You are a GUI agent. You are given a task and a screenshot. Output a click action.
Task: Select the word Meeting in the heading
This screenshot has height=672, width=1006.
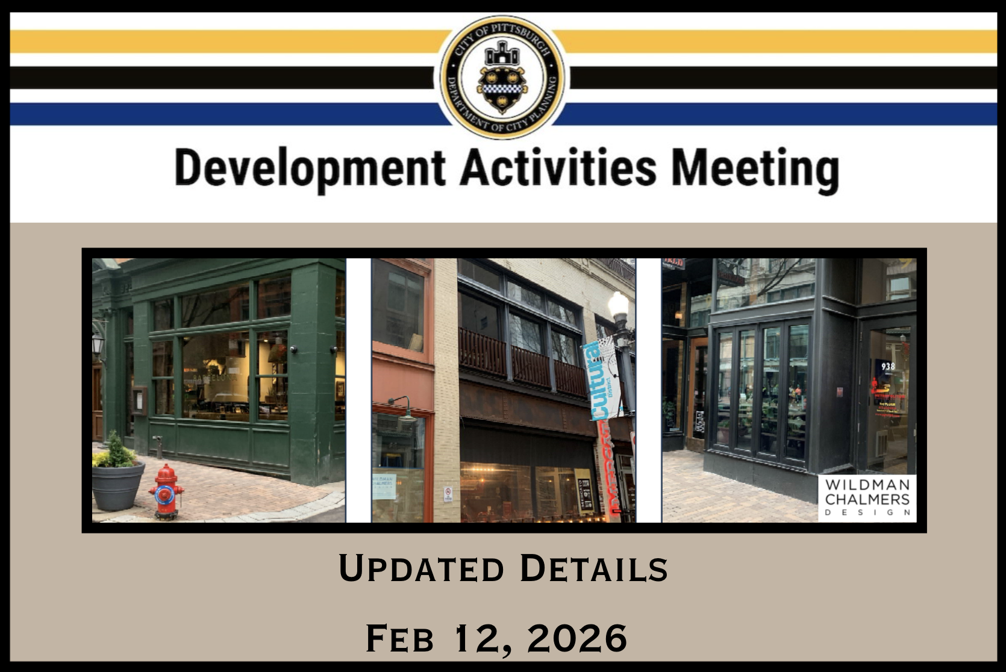tap(755, 169)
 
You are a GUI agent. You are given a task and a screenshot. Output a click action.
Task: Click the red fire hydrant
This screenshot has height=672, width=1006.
tap(167, 491)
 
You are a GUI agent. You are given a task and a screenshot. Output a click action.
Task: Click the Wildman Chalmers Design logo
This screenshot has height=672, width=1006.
tap(867, 498)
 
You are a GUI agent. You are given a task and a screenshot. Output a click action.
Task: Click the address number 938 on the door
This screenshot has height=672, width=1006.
tap(887, 366)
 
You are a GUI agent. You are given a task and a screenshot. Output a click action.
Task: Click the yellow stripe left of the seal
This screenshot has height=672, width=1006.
tap(223, 41)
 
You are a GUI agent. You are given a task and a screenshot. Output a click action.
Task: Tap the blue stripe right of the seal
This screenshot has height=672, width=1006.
tap(783, 113)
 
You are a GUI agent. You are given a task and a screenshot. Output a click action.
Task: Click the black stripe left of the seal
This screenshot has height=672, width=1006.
tap(223, 77)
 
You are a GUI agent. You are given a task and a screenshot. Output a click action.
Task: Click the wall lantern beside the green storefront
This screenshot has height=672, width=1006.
tap(98, 345)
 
